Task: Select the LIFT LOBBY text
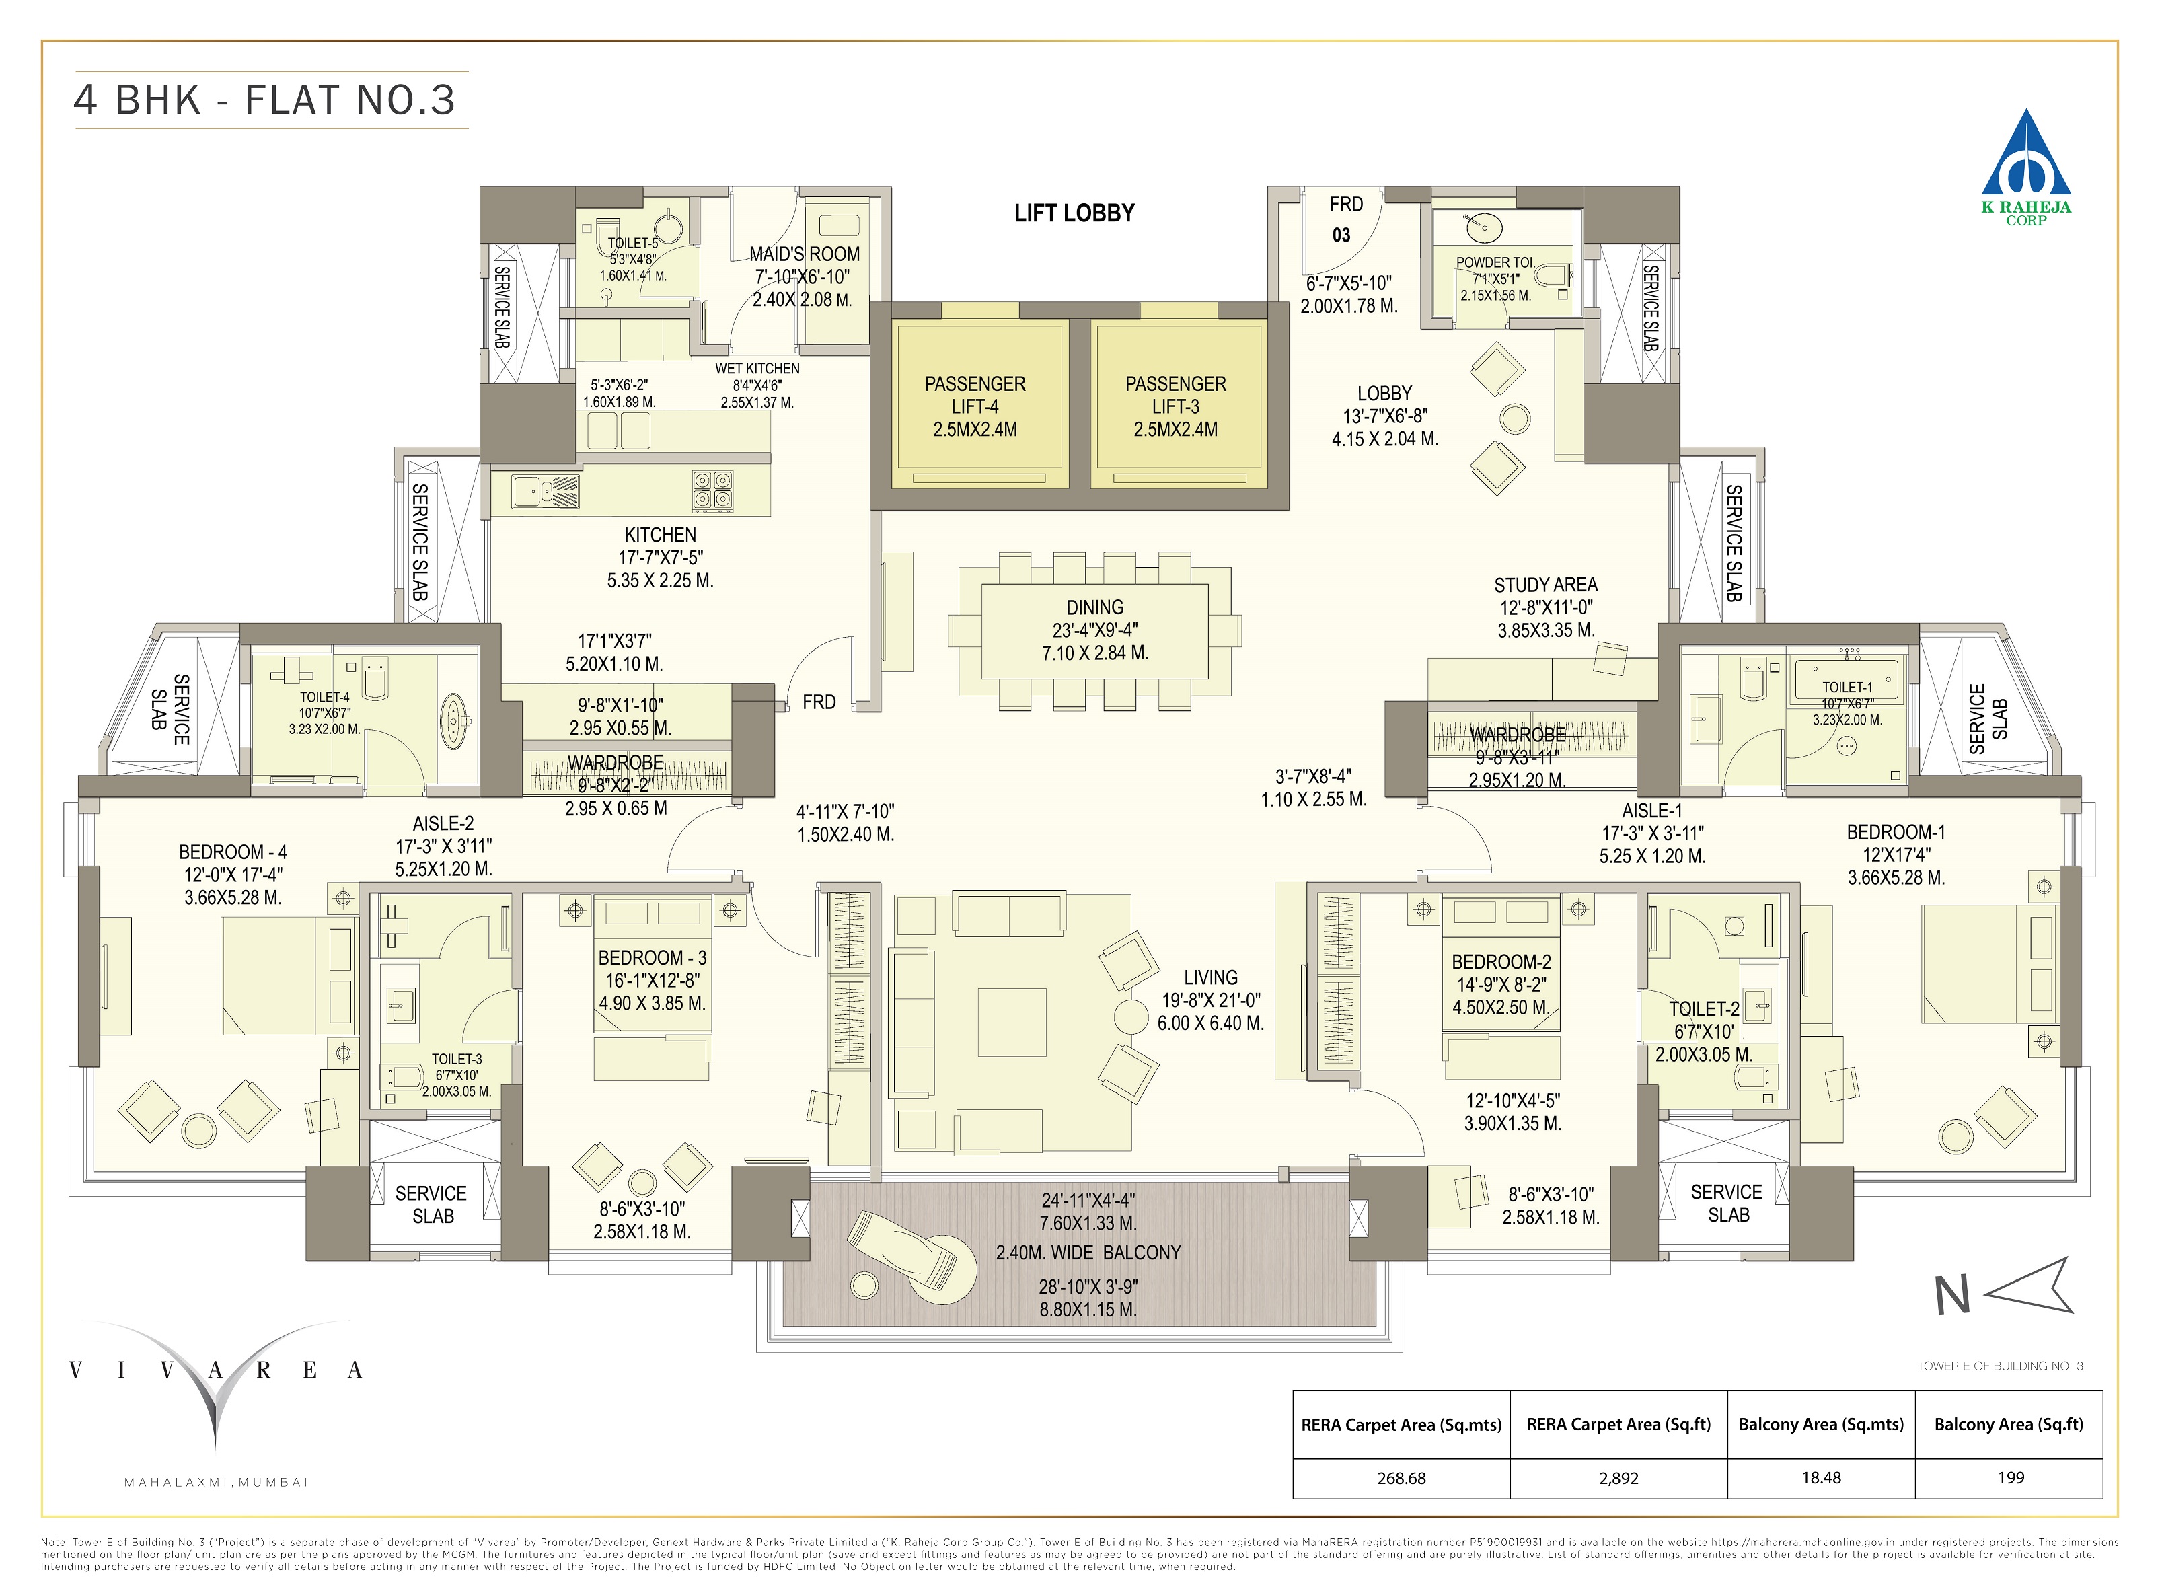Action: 1074,213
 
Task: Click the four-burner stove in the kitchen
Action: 712,490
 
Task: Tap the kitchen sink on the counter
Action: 546,490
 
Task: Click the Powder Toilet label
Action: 1495,262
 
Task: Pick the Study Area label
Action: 1545,585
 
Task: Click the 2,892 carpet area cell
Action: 1618,1478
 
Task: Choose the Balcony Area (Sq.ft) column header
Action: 2009,1424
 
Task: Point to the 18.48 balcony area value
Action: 1820,1478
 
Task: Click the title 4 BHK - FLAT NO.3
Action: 264,100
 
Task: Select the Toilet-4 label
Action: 324,697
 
